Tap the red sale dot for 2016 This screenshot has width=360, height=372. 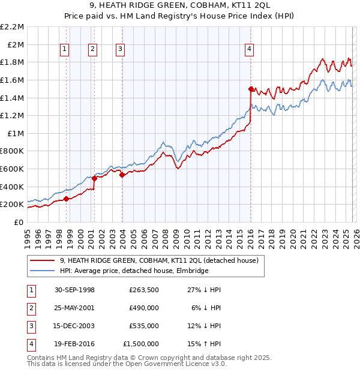(x=251, y=89)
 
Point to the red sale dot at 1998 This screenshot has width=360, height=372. (x=66, y=199)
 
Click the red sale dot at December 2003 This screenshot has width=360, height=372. (x=122, y=175)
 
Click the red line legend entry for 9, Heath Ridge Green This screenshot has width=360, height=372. (x=158, y=260)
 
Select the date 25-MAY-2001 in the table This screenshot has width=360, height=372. (x=74, y=308)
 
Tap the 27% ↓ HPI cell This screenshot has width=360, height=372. (x=205, y=290)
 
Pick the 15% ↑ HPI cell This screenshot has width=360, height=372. (x=205, y=344)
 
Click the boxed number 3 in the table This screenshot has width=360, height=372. (x=31, y=326)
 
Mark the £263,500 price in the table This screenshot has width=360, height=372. (x=143, y=290)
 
